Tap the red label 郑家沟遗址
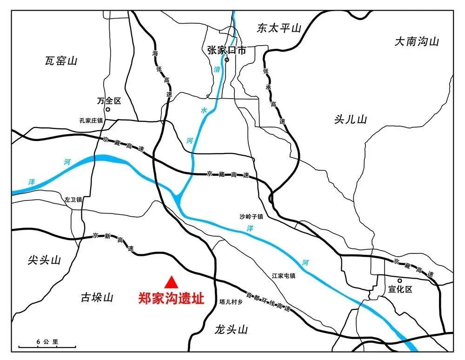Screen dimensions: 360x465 coord(171,298)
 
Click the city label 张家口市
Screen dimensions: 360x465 coord(226,50)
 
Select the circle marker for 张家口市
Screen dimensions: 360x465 coord(227,60)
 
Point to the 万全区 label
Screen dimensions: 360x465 coord(109,100)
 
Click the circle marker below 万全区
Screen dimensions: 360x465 coord(108,110)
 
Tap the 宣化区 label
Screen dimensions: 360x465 coord(400,289)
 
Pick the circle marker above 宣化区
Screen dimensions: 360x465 coord(399,280)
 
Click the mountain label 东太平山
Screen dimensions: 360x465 coord(279,28)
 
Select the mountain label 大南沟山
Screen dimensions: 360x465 coord(417,42)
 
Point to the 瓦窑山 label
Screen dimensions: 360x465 coord(61,60)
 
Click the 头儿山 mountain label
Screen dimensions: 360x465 coord(351,120)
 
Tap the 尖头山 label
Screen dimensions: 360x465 coord(44,260)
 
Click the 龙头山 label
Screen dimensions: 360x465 coord(231,330)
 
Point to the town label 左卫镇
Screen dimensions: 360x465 coord(73,200)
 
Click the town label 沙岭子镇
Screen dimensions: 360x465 coord(252,216)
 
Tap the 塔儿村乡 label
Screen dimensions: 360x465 coord(231,302)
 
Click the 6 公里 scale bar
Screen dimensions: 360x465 coord(47,345)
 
